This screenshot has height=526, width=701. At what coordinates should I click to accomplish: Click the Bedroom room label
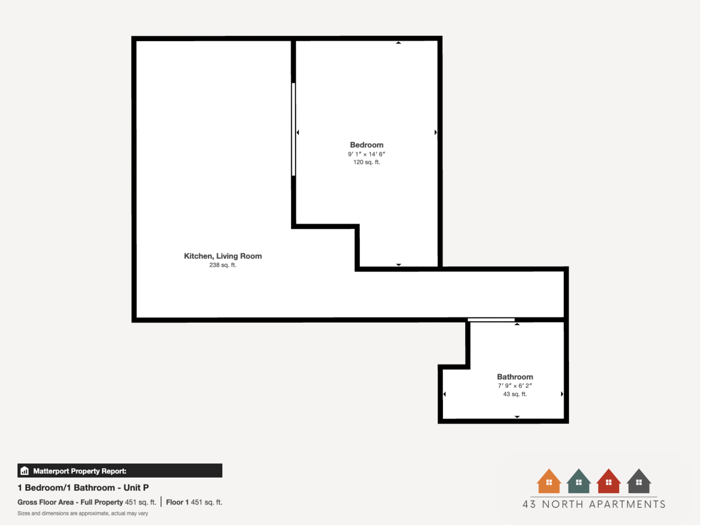click(367, 145)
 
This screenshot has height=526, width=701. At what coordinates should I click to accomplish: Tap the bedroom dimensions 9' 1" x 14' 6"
click(367, 154)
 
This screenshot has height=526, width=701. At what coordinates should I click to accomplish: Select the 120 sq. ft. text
click(367, 162)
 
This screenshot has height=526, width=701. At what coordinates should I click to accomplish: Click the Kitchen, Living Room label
click(223, 256)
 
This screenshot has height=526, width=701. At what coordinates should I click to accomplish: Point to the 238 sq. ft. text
click(223, 265)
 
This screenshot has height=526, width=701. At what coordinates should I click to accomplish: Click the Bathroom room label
click(515, 377)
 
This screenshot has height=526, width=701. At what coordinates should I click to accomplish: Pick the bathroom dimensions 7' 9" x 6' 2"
click(515, 385)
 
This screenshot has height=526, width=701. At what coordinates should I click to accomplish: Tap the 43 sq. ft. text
click(515, 394)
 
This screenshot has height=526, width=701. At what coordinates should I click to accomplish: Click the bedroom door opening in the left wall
click(293, 129)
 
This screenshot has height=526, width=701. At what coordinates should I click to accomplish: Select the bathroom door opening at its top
click(491, 320)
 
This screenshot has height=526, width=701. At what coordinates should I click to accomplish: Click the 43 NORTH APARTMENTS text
click(594, 504)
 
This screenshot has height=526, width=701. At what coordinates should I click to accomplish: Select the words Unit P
click(136, 488)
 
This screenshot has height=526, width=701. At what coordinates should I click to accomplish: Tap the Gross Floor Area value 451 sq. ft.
click(140, 502)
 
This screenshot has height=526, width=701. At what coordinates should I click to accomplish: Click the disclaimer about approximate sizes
click(83, 513)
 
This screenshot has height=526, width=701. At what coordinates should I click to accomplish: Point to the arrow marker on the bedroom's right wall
click(435, 132)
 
